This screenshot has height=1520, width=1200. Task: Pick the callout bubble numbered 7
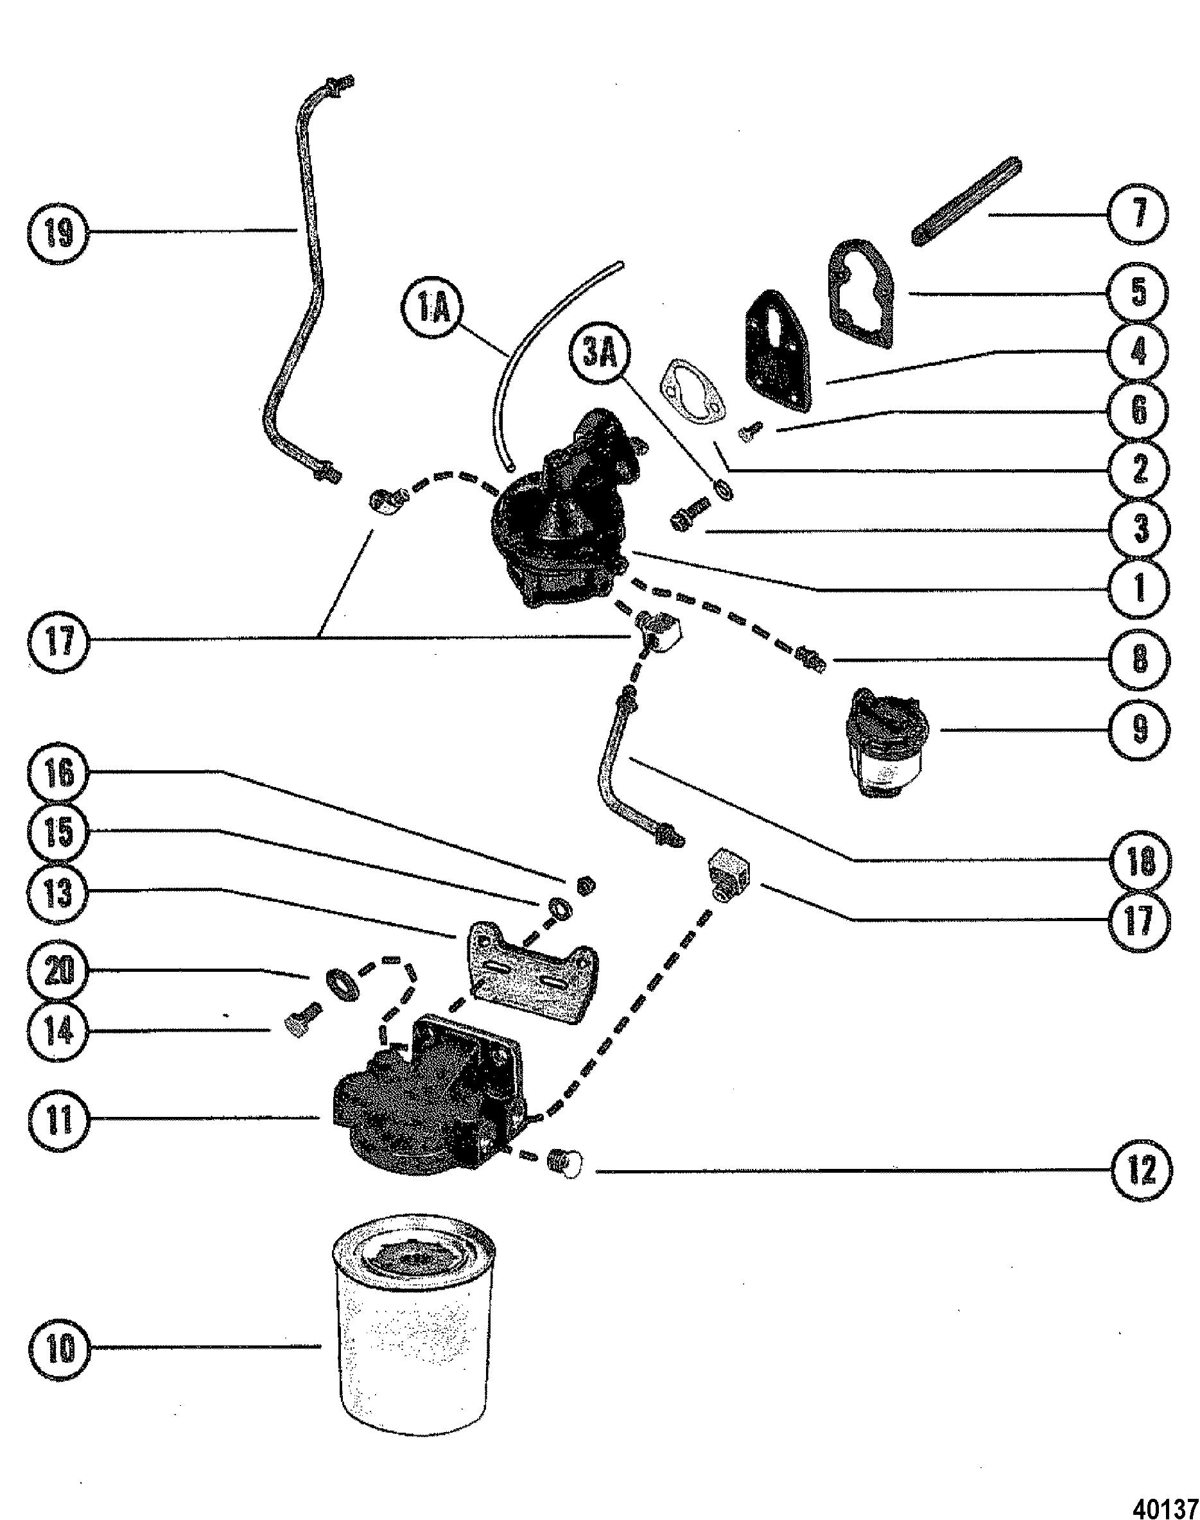click(x=1139, y=213)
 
